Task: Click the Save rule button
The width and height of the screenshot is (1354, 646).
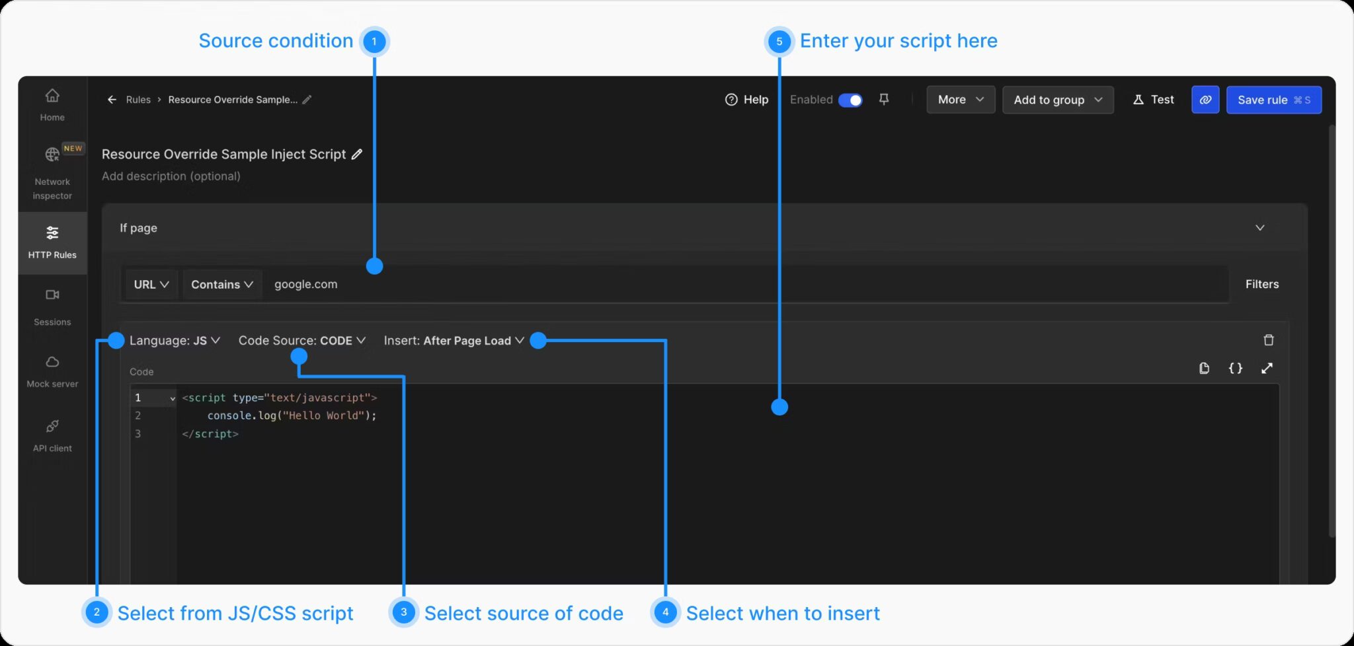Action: point(1273,100)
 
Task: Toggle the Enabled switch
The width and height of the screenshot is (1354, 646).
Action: point(850,100)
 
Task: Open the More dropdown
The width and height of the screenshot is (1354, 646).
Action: point(960,100)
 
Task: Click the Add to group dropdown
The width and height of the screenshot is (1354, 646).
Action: point(1058,100)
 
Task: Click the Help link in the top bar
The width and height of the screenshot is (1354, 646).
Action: point(747,100)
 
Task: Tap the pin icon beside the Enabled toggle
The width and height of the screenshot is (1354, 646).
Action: point(884,99)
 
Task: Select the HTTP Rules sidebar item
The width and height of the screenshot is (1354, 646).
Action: point(52,242)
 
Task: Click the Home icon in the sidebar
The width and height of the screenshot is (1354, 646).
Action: point(52,96)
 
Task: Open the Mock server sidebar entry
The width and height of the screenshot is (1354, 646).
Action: point(52,371)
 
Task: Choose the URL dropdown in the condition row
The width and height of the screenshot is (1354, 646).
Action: point(151,285)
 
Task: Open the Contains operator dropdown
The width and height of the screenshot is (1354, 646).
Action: point(222,285)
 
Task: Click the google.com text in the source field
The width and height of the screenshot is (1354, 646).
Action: point(305,285)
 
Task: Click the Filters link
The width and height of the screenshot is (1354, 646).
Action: point(1261,284)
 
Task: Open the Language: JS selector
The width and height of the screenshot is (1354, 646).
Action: point(175,341)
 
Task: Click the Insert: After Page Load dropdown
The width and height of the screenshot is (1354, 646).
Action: point(454,341)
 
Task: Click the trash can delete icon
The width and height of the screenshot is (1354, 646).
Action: point(1268,340)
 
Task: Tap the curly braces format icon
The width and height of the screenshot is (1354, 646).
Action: point(1235,369)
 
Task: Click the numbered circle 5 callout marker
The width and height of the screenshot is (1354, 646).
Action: point(779,42)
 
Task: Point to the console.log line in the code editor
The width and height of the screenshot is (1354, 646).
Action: point(292,415)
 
